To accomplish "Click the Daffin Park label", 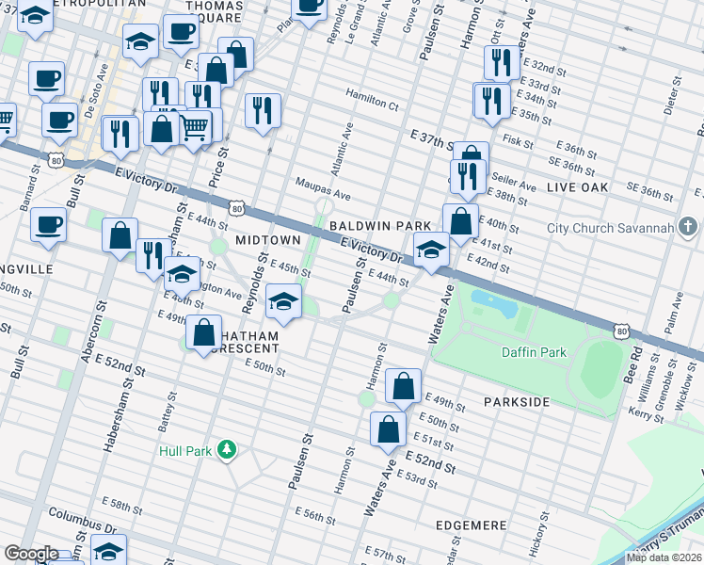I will [x=534, y=352].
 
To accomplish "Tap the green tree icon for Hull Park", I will [x=226, y=449].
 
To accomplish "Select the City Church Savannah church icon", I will [x=688, y=227].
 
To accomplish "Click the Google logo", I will [x=32, y=554].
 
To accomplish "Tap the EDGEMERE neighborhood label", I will [x=472, y=525].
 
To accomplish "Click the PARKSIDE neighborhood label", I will [x=517, y=402].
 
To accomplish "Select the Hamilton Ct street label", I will [x=373, y=95].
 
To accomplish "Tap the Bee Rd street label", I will [x=637, y=363].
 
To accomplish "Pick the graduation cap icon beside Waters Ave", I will [x=431, y=250].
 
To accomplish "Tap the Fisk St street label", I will [x=519, y=143].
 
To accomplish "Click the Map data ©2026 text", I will [x=664, y=557].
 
